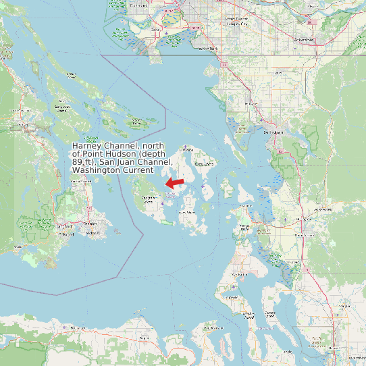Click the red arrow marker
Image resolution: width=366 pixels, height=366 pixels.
[176, 183]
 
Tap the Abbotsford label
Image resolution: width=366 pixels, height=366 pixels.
[305, 40]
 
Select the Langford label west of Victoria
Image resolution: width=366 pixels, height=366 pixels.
[65, 226]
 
